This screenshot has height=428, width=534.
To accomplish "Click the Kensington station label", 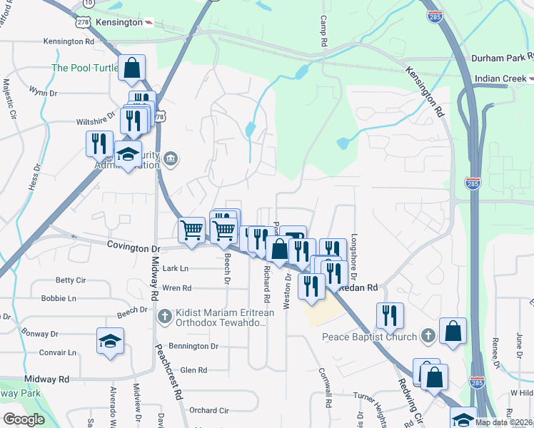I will point(118,22).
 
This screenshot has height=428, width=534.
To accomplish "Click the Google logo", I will point(24,419).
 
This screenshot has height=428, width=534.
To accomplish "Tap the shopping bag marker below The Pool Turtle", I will point(132,68).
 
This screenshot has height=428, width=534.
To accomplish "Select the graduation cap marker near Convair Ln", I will point(111,341).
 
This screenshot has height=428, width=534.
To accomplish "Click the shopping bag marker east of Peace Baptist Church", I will point(453,332).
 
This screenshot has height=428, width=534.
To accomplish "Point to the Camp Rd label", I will point(323,32).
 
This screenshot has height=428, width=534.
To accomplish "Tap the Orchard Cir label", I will point(209,410).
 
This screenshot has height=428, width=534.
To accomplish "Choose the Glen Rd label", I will point(193,370).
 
